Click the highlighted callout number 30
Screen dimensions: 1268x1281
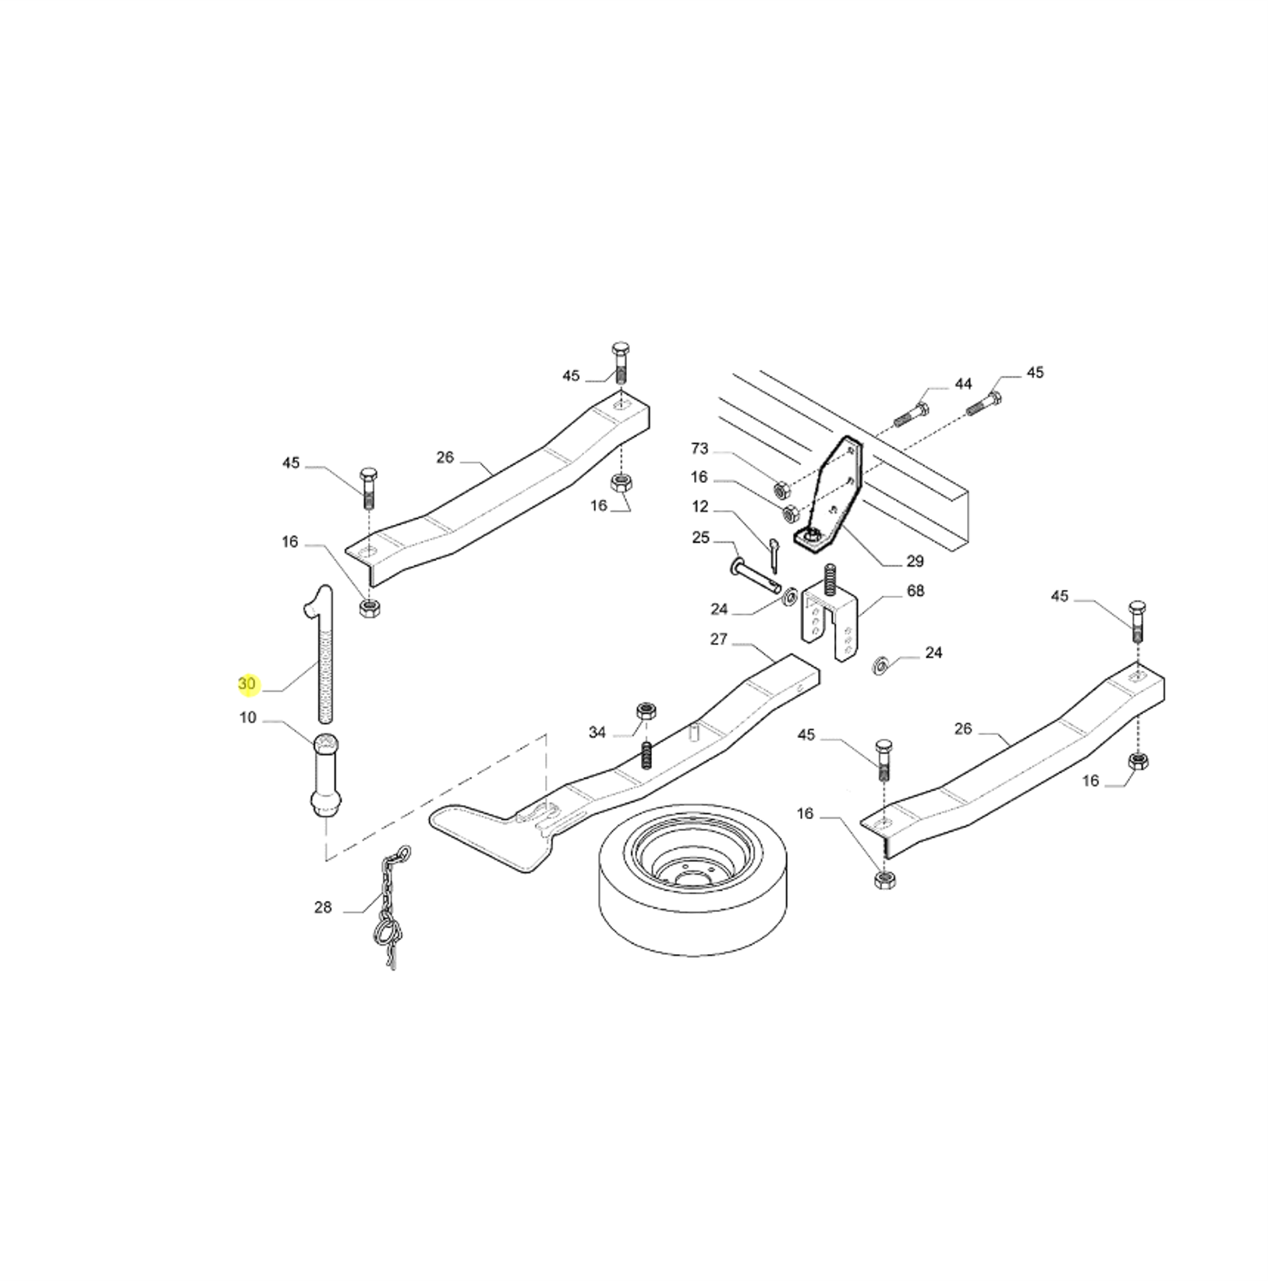click(246, 684)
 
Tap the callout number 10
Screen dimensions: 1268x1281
click(247, 717)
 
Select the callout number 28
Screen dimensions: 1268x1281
click(323, 907)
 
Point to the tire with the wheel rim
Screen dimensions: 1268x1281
click(692, 878)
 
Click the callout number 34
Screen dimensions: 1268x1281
click(597, 732)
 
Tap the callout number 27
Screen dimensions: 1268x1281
click(718, 639)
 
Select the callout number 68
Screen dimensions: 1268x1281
click(916, 591)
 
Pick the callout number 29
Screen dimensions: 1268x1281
click(915, 561)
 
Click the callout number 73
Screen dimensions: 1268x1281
click(700, 449)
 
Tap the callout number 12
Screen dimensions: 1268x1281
click(700, 506)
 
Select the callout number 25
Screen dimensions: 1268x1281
click(700, 538)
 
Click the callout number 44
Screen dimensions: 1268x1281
click(963, 383)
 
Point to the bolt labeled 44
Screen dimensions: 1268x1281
click(911, 413)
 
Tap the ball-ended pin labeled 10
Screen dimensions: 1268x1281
click(326, 775)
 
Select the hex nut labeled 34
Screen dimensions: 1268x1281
click(646, 711)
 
